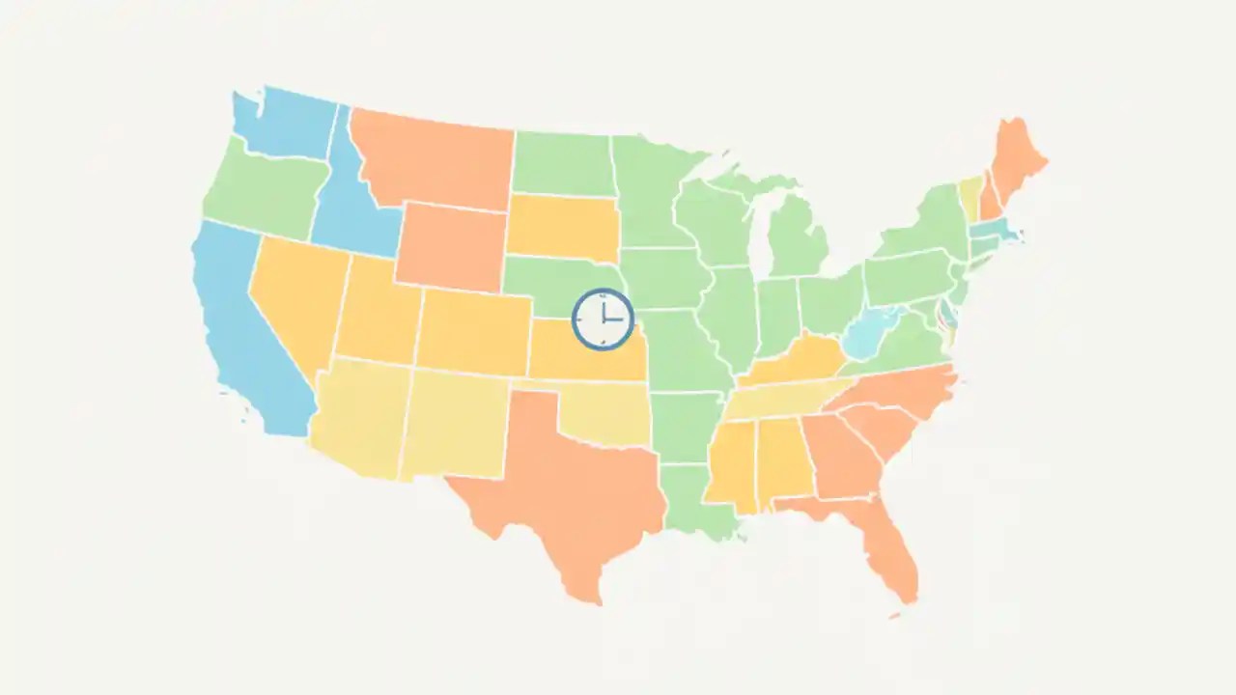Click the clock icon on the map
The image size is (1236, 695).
tap(603, 320)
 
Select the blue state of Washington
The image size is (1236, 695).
tap(285, 124)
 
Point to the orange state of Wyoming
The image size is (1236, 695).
tap(451, 246)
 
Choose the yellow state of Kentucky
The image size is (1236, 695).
tap(792, 362)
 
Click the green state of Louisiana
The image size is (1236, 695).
tap(695, 497)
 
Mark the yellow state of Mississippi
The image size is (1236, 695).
tap(729, 463)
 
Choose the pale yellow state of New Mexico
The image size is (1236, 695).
tap(454, 425)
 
